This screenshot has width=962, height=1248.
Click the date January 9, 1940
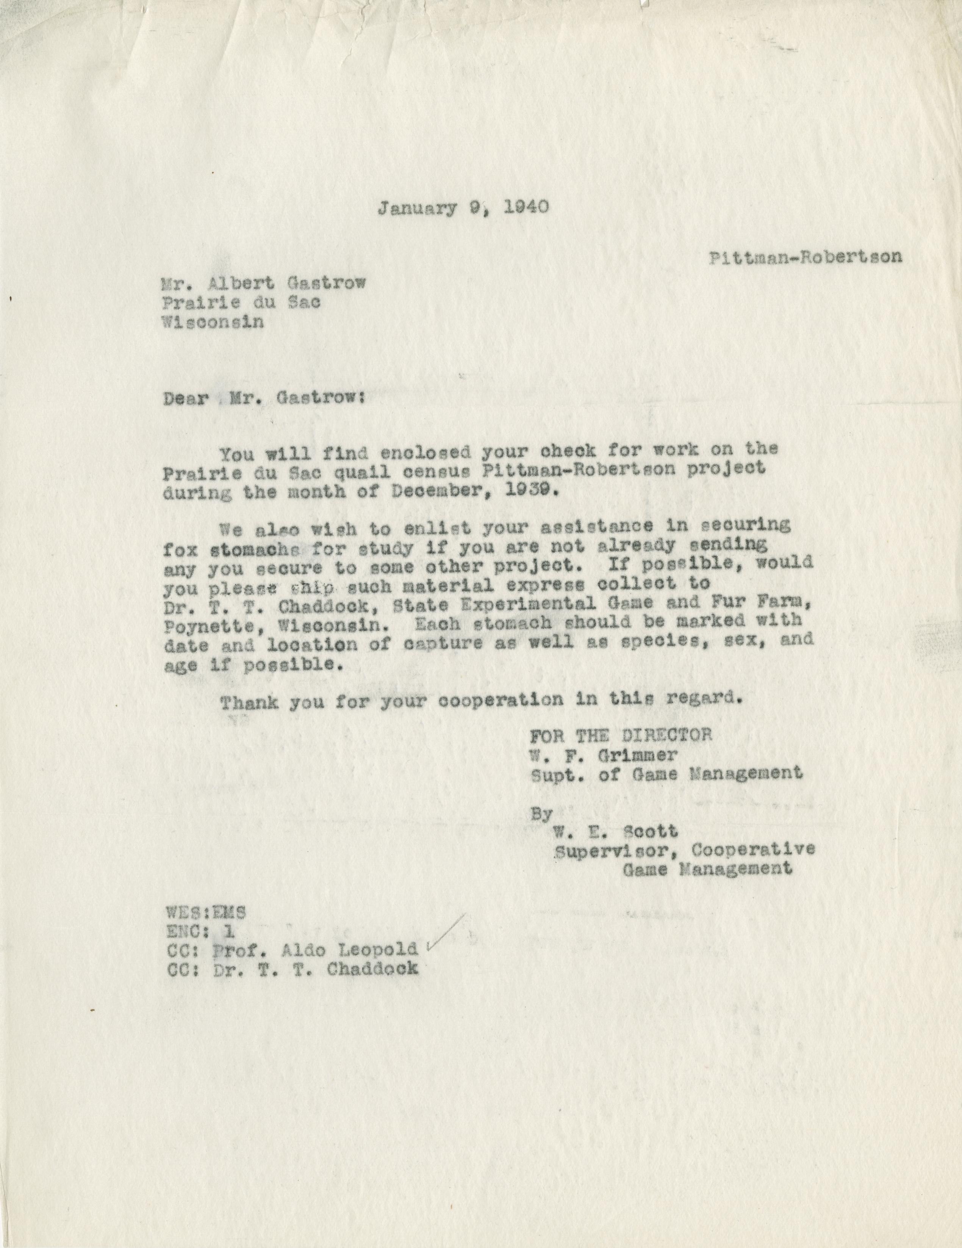(x=463, y=207)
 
